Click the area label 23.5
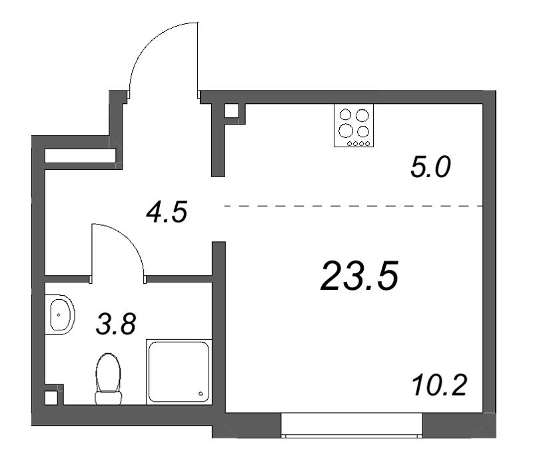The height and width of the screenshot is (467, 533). point(359,276)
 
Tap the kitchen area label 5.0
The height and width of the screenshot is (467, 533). point(430,167)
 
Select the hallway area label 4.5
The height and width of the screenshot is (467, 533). point(167,212)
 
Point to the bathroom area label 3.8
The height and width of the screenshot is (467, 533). point(116,324)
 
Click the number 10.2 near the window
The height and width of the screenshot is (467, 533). point(439,385)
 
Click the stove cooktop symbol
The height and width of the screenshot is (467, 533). point(354,125)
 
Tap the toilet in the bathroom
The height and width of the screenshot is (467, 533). point(108,378)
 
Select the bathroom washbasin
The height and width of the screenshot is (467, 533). point(59,314)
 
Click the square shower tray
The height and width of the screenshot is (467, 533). point(179,372)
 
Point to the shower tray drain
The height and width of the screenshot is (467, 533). point(201,394)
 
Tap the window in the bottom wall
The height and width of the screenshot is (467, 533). point(352,425)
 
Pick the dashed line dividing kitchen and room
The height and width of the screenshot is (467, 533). point(354,206)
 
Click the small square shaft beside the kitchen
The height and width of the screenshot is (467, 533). point(232,111)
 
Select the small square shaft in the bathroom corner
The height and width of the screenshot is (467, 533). point(51,398)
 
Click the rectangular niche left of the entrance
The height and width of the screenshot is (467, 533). point(80,156)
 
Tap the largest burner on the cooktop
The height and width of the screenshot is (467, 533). point(346,130)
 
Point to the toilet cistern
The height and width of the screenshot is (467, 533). point(108,398)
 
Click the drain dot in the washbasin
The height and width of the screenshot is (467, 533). point(59,314)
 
